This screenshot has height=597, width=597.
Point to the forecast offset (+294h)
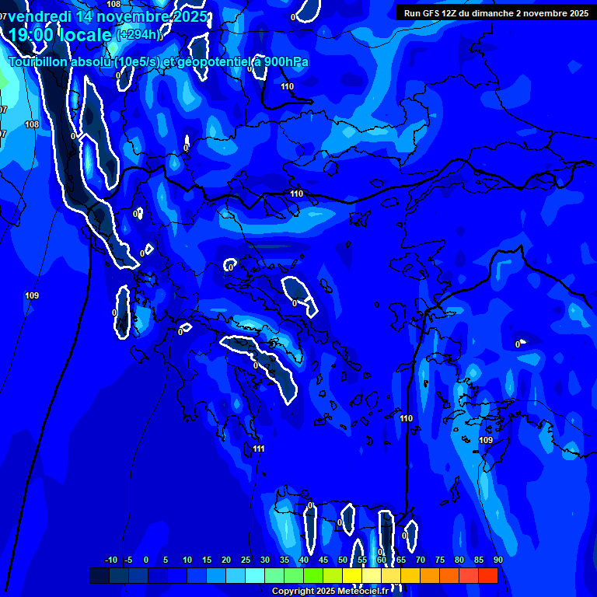(138, 35)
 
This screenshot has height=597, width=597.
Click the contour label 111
(259, 449)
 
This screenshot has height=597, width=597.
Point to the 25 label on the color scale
(246, 560)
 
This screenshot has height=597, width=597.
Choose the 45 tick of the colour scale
(323, 560)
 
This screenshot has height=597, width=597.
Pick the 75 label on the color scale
(440, 560)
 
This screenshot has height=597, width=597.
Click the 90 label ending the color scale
(497, 560)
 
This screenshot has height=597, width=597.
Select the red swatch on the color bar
(488, 575)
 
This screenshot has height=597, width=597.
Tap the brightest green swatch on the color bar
(313, 575)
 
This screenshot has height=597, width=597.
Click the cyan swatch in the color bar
(255, 575)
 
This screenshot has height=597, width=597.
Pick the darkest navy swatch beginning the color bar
(99, 575)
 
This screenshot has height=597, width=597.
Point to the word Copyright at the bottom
(292, 592)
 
